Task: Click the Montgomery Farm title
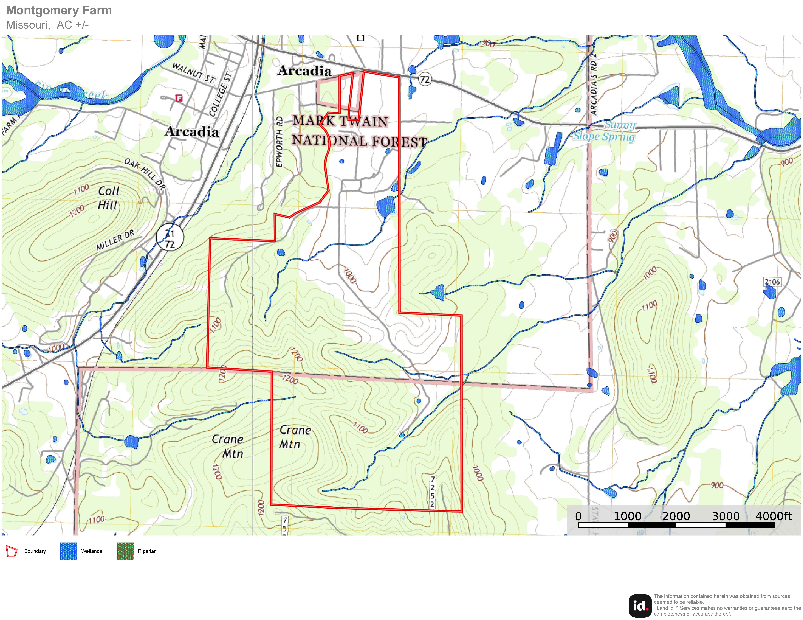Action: tap(59, 10)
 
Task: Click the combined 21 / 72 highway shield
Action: tap(170, 238)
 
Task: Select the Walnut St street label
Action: tap(193, 72)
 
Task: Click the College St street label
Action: tap(221, 95)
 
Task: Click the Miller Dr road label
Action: tap(115, 241)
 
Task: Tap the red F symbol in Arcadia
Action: tap(179, 98)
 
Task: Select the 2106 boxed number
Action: tap(772, 282)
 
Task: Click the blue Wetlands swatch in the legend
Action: tap(68, 551)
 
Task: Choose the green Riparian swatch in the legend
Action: tap(125, 551)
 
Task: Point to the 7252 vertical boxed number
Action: tap(433, 491)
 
